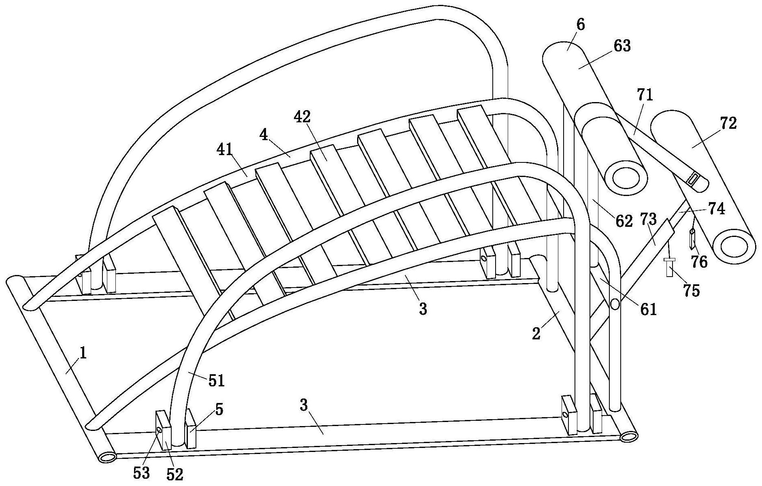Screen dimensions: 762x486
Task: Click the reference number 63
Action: pyautogui.click(x=622, y=46)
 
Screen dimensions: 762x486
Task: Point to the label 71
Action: pyautogui.click(x=645, y=95)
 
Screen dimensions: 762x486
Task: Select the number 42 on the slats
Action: pyautogui.click(x=302, y=117)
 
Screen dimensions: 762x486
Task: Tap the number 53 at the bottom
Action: pyautogui.click(x=141, y=473)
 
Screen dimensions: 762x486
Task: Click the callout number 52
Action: pyautogui.click(x=175, y=474)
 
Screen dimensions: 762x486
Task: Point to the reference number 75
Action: pyautogui.click(x=691, y=290)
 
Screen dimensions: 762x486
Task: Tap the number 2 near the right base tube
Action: pyautogui.click(x=536, y=334)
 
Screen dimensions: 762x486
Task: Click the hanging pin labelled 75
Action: pyautogui.click(x=669, y=267)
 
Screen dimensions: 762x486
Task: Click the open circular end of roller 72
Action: pyautogui.click(x=734, y=245)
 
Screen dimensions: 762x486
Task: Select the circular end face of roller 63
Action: pyautogui.click(x=625, y=177)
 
